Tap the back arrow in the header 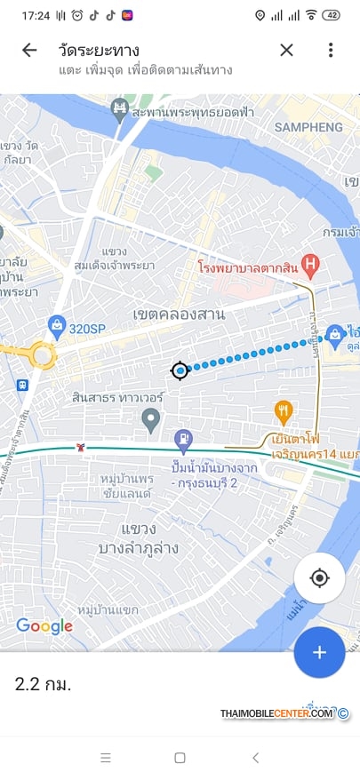point(29,50)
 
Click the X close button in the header point(286,50)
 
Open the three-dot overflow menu point(330,50)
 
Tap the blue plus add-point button point(319,652)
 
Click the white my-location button point(319,579)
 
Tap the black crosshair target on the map point(180,370)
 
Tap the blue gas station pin point(183,438)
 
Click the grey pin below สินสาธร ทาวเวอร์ point(151,418)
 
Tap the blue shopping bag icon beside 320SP point(56,325)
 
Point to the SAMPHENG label point(308,127)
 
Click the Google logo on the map point(44,626)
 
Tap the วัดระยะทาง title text point(100,50)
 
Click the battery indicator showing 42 point(332,15)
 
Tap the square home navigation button point(180,758)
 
